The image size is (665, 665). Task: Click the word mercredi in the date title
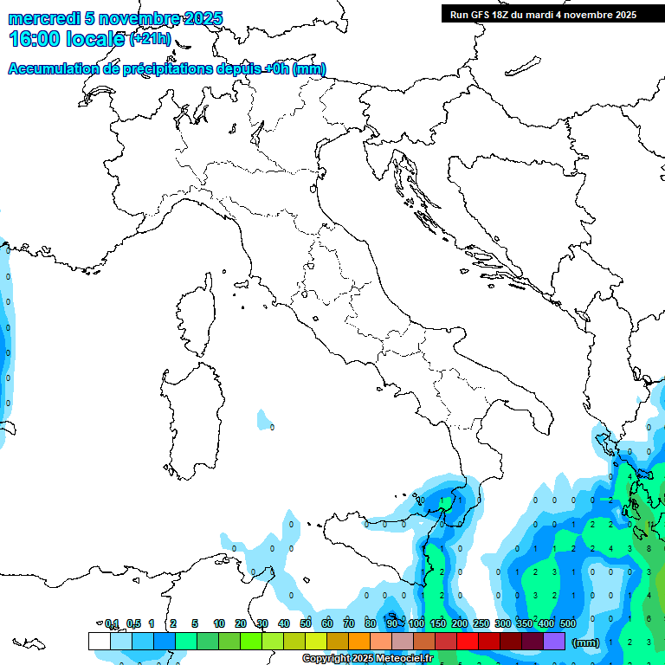tap(44, 18)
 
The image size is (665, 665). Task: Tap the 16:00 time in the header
tap(34, 38)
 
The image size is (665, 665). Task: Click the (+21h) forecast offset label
tap(151, 38)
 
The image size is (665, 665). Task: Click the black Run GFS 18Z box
tap(542, 14)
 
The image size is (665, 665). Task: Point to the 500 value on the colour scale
tap(568, 623)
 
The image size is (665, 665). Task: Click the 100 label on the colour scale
tap(416, 623)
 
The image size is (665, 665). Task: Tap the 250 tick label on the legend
tap(481, 623)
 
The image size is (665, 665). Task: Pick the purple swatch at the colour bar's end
tap(554, 641)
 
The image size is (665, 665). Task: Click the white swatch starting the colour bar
tap(100, 641)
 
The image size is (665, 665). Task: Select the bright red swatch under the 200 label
tap(468, 641)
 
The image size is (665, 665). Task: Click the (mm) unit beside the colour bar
tap(586, 642)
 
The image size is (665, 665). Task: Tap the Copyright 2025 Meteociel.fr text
tap(367, 659)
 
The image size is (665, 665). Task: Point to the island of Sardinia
tap(190, 416)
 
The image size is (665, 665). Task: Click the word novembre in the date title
tap(139, 18)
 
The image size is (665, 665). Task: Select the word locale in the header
tap(92, 38)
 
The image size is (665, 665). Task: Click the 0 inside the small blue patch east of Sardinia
tap(272, 427)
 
